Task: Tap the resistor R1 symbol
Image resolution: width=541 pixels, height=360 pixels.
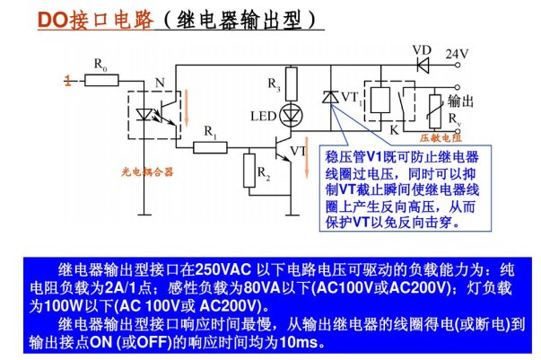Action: click(x=211, y=144)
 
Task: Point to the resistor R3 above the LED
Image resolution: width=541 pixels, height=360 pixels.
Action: click(x=290, y=83)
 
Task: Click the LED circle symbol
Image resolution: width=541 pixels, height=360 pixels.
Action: click(x=290, y=114)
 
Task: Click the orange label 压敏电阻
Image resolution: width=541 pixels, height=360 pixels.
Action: click(x=441, y=139)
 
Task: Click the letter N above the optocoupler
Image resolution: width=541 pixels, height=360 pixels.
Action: click(x=161, y=83)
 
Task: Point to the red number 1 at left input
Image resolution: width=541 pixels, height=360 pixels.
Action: click(x=66, y=81)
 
